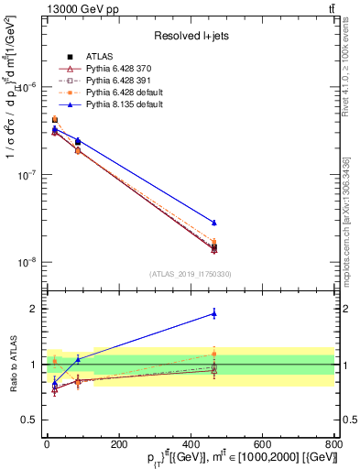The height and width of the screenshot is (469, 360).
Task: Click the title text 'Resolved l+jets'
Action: click(x=190, y=36)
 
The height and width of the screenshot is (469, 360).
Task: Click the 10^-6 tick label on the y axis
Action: click(x=27, y=87)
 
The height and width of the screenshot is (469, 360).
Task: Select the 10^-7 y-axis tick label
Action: click(x=27, y=175)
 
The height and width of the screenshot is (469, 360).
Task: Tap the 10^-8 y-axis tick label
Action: click(x=27, y=262)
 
